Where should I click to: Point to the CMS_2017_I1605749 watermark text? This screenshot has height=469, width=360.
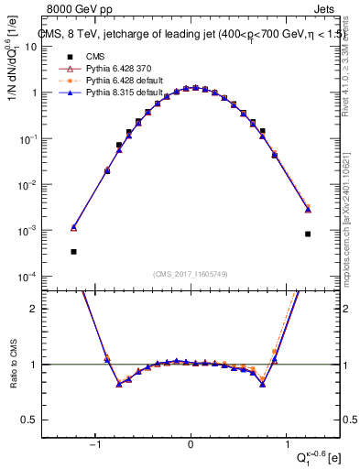[x=190, y=274]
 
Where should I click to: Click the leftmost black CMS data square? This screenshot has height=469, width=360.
[x=73, y=251]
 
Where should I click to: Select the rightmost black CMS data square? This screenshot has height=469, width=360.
[x=308, y=234]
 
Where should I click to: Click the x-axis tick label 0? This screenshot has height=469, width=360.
[x=191, y=444]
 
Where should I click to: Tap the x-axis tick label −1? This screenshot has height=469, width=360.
[x=93, y=444]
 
